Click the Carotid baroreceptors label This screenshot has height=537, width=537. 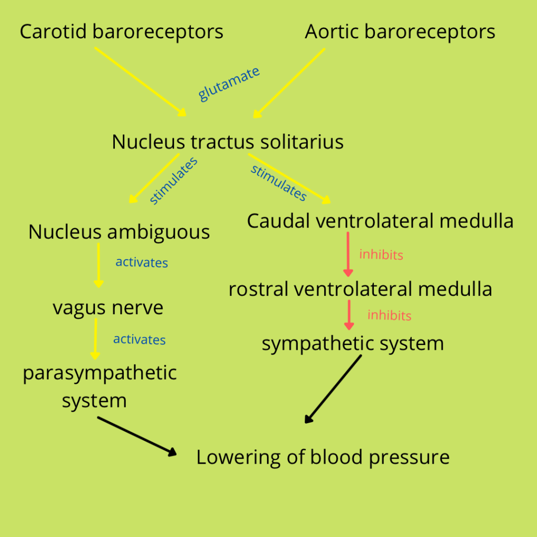point(121,32)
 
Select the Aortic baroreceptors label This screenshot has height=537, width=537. point(400,32)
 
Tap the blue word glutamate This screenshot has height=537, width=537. point(229,84)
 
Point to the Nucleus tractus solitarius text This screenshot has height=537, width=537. point(228,142)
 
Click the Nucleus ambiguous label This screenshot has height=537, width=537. point(119,232)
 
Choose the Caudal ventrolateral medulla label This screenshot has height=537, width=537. point(380,221)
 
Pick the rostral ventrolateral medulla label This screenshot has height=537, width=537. point(360,289)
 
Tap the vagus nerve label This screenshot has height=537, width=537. point(108,308)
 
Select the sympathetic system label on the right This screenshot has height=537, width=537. point(352,344)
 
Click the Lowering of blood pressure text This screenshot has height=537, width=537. point(323,457)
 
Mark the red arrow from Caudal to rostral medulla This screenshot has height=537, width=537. point(348,254)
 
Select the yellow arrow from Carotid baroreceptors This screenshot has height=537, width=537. point(141,82)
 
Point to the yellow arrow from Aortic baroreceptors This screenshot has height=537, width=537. point(289,83)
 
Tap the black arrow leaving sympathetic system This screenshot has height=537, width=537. point(334,389)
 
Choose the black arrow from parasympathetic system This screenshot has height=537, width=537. point(137,436)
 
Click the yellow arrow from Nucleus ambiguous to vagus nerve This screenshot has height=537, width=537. point(99,265)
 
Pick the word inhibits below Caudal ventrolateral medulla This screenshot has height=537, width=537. point(381,255)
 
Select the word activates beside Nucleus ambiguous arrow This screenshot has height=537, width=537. point(142,262)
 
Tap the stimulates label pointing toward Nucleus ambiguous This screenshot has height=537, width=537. point(173,180)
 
